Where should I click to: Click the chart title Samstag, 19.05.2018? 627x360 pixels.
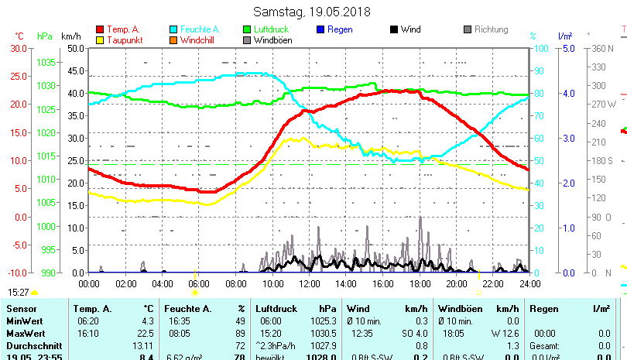(x=313, y=12)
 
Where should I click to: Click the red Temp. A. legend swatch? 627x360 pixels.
(x=100, y=29)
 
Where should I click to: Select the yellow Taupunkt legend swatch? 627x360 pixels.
(x=100, y=40)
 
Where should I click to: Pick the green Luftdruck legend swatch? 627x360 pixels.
(x=248, y=29)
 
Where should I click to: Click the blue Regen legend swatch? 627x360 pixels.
(x=321, y=29)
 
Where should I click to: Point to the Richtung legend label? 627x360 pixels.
(x=491, y=29)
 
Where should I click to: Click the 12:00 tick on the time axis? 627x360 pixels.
(x=309, y=283)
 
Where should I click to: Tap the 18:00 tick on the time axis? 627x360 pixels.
(x=420, y=283)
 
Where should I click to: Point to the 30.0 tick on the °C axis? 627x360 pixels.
(x=18, y=48)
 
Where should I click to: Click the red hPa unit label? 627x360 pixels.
(x=45, y=36)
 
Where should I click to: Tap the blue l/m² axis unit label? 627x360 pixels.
(x=564, y=36)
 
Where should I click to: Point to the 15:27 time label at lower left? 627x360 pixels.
(x=19, y=292)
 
